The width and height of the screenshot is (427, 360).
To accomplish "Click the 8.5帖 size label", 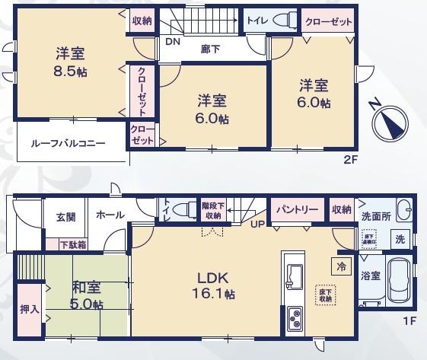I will pos(69,73).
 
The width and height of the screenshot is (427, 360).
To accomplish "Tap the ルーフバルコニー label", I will pos(68,143).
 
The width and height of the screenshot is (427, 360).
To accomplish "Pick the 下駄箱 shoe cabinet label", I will pos(72,244).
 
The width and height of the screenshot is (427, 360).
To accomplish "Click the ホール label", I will pos(111,216).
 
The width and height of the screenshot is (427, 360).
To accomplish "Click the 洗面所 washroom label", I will pos(376,217).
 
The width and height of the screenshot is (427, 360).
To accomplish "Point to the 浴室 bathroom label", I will pos(371,276).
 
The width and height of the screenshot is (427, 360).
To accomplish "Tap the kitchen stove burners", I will pos(295,317).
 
